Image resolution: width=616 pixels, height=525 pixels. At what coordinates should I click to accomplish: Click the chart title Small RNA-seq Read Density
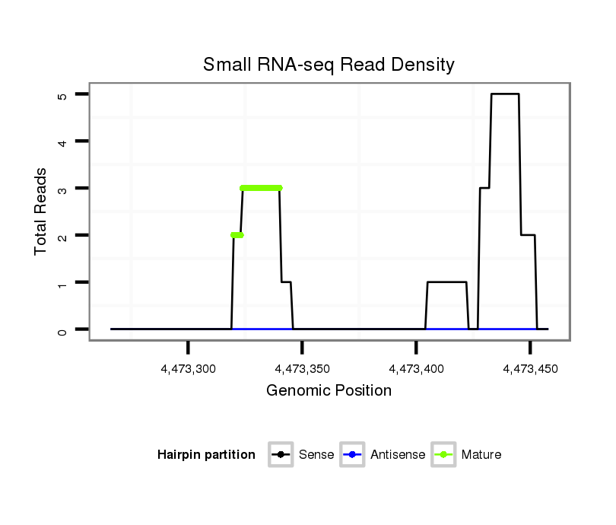[x=329, y=65]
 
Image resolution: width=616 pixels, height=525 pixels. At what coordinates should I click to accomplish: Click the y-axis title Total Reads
[x=41, y=212]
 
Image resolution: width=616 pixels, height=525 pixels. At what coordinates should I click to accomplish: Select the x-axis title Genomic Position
[x=329, y=391]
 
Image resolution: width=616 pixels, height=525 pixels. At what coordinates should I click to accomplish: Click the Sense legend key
[x=281, y=455]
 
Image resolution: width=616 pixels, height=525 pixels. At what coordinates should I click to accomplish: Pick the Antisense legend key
[x=353, y=455]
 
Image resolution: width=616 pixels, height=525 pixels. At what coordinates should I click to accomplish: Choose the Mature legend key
[x=443, y=455]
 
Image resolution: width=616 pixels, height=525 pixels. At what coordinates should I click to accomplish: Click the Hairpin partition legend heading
[x=206, y=455]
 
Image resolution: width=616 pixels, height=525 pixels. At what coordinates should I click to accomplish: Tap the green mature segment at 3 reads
[x=261, y=188]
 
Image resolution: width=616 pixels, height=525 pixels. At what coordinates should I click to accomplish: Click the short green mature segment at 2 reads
[x=237, y=235]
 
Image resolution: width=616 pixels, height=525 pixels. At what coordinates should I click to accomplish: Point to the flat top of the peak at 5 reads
[x=505, y=94]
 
